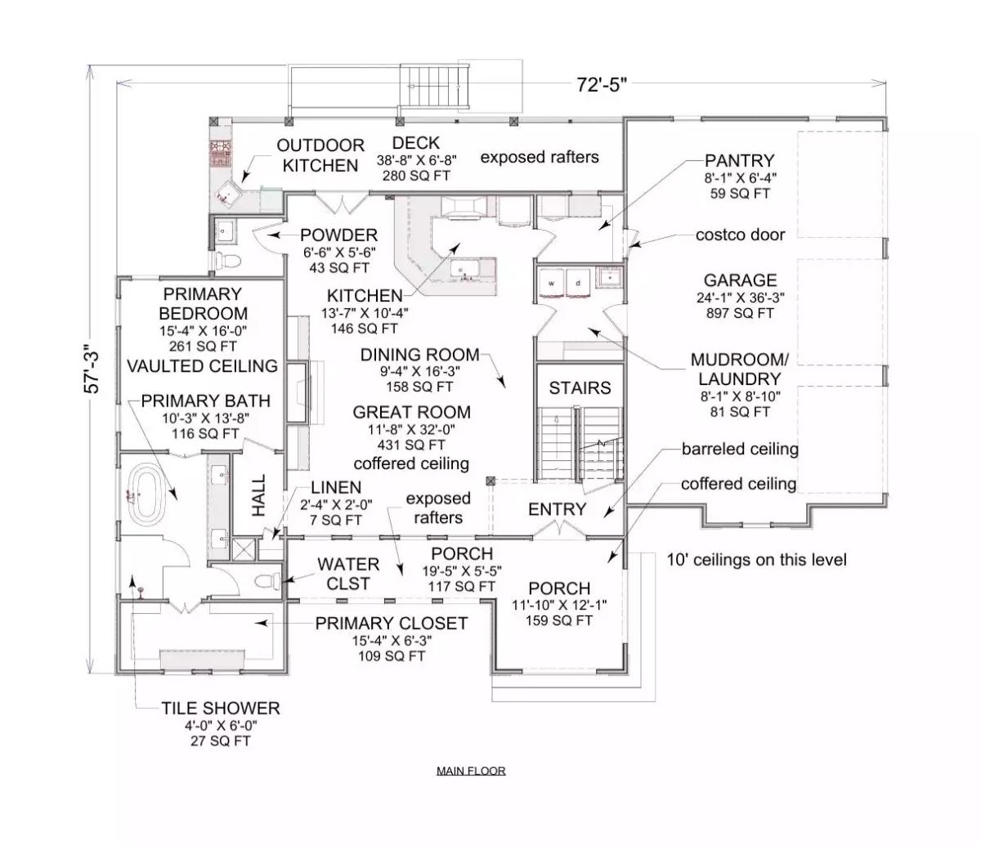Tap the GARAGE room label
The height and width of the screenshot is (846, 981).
click(x=740, y=280)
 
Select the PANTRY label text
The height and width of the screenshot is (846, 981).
click(x=739, y=161)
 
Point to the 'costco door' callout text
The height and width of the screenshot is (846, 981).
click(x=740, y=235)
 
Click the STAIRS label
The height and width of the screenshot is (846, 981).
click(x=580, y=387)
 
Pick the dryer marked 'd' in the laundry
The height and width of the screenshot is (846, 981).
click(x=579, y=280)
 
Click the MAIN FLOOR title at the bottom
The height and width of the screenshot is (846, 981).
click(x=471, y=771)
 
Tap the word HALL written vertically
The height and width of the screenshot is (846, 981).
click(x=258, y=495)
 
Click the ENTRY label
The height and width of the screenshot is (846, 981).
click(x=557, y=509)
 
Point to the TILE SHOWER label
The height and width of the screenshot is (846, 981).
click(x=220, y=708)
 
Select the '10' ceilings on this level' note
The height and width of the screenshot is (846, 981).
click(x=756, y=560)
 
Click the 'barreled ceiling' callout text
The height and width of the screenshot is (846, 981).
click(x=740, y=449)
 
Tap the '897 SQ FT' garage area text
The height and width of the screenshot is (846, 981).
click(x=740, y=313)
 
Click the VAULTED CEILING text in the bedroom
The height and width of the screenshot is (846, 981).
click(x=202, y=365)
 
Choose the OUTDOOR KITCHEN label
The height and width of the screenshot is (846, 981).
click(x=320, y=155)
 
